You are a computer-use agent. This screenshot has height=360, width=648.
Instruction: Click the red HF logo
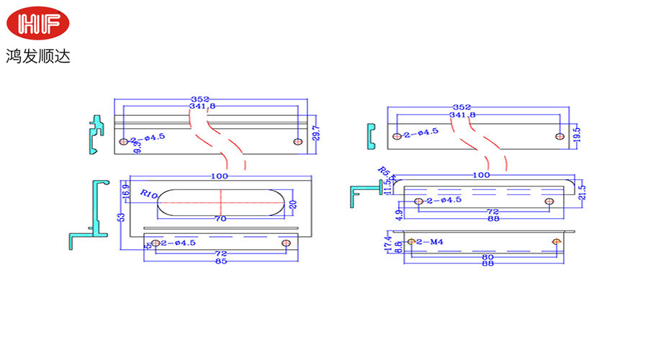[x=39, y=24]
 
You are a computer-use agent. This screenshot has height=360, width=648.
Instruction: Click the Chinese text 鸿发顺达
[x=39, y=55]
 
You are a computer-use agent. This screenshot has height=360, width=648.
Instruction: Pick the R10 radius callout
[x=149, y=194]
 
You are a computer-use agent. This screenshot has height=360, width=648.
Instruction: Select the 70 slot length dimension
[x=220, y=217]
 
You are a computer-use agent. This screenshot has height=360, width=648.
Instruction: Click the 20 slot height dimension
[x=293, y=204]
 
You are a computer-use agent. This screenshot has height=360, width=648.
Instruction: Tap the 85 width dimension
[x=221, y=261]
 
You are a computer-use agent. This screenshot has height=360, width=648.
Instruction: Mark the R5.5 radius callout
[x=388, y=173]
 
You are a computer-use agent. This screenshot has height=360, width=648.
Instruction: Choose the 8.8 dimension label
[x=397, y=247]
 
